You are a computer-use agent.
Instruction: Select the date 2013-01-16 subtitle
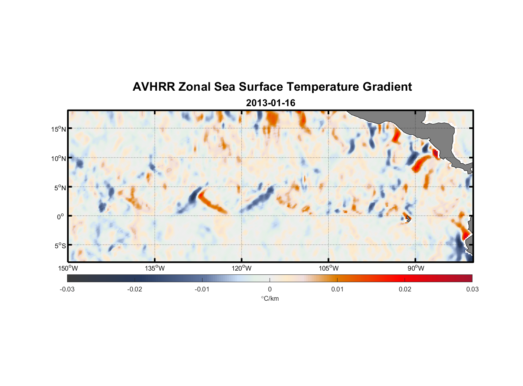coord(270,103)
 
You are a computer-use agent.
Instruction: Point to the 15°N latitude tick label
coord(59,129)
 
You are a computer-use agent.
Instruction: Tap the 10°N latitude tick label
coord(59,158)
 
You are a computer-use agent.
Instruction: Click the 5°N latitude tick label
coord(60,188)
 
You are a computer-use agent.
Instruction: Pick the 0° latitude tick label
coord(61,217)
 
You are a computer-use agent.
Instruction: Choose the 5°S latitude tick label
coord(60,245)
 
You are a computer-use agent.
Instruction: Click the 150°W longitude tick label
coord(68,268)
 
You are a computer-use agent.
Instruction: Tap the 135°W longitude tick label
coord(155,268)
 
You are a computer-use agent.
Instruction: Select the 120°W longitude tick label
coord(242,268)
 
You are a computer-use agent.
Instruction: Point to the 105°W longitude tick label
coord(329,268)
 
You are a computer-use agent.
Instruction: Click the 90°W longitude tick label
coord(416,268)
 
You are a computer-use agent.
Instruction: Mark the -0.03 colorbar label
coord(67,289)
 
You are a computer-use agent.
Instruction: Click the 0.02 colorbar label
coord(405,289)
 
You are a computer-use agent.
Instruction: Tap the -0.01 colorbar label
coord(202,289)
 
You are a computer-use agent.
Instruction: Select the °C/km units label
coord(270,298)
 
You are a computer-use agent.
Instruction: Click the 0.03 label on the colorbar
coord(472,289)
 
